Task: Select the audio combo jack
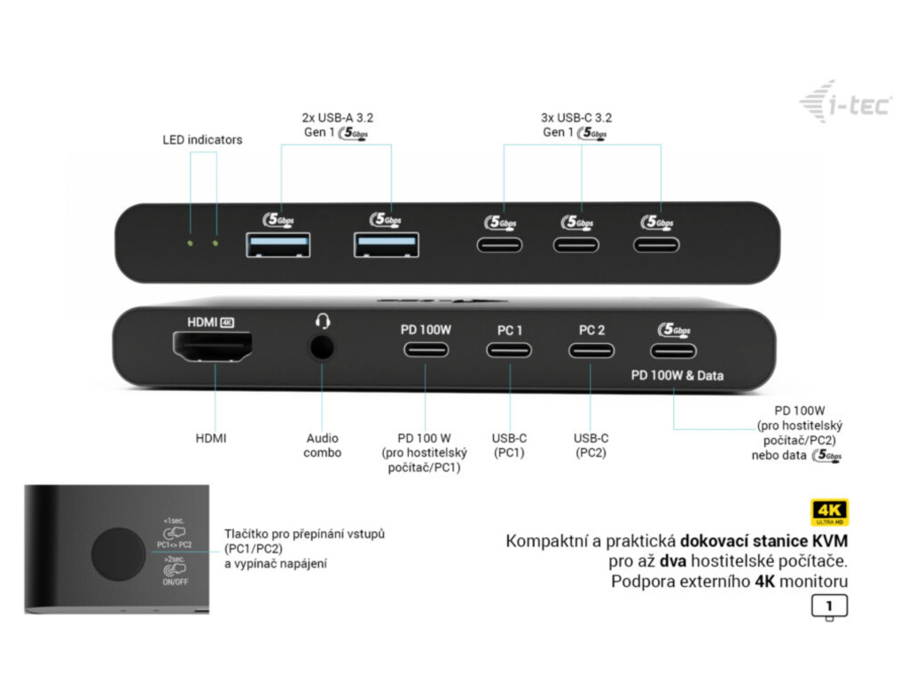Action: click(322, 347)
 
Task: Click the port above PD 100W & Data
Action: click(675, 349)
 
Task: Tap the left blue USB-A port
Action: click(278, 244)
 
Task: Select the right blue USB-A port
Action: click(387, 244)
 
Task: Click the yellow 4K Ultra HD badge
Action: click(829, 513)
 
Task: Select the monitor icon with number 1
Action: click(829, 607)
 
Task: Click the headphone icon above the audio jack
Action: click(322, 320)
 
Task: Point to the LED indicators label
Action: click(202, 139)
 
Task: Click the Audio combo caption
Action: click(322, 444)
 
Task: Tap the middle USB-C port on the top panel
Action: click(576, 244)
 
